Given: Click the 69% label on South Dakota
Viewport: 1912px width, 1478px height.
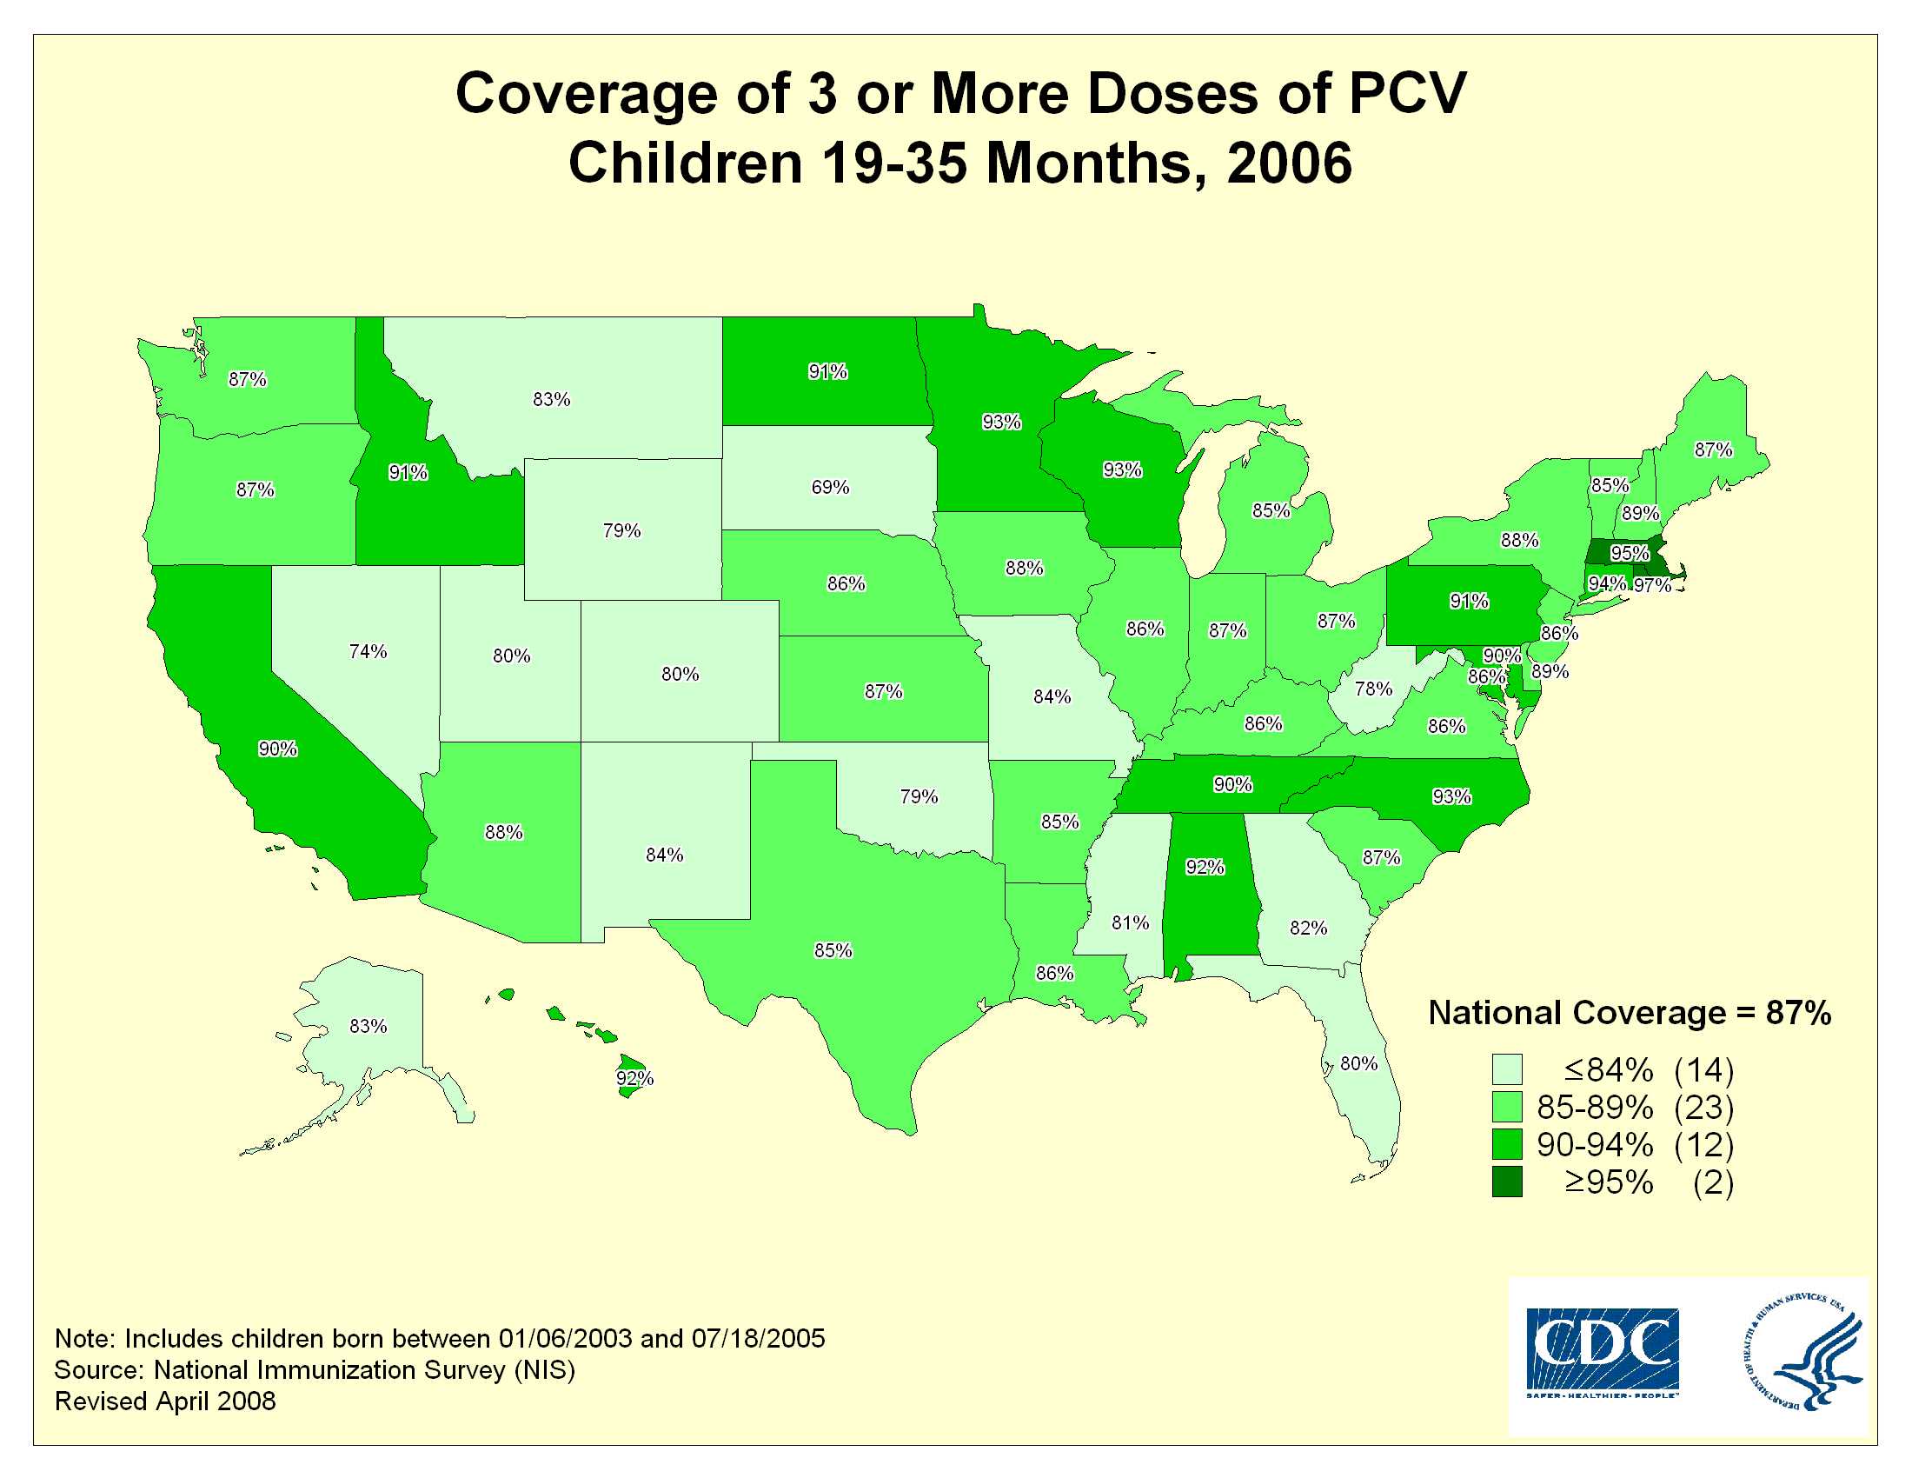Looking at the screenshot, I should pos(830,487).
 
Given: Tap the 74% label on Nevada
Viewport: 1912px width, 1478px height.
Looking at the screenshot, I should pos(368,651).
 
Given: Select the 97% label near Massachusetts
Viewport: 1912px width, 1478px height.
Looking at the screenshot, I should pos(1652,585).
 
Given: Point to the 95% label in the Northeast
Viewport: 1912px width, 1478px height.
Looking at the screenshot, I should pos(1630,553).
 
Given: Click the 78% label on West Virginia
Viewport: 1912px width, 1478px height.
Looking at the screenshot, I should pos(1372,689).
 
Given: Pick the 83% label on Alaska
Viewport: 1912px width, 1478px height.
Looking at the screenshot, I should pos(368,1025).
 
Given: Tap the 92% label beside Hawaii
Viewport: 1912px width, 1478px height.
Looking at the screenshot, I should pos(634,1078).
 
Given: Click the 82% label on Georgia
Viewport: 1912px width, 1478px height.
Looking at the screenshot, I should pos(1308,928).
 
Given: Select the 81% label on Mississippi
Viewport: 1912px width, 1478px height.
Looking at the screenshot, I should pos(1130,922).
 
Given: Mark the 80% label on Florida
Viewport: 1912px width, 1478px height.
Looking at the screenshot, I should pos(1358,1063).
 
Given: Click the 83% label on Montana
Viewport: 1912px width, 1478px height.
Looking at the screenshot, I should pos(552,399).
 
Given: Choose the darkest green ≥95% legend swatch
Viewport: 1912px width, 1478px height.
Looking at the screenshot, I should pos(1507,1182).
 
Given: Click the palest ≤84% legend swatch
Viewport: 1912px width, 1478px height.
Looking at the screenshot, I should pos(1507,1069).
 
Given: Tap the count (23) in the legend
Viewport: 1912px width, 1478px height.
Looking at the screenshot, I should pos(1703,1108).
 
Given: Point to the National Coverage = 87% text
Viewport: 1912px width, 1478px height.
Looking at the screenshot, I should pos(1630,1013).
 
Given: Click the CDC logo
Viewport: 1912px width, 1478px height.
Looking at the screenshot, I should pos(1602,1353).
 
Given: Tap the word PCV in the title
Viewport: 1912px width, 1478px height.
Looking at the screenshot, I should pos(1407,93).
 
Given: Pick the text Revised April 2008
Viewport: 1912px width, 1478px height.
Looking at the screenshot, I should pos(165,1401).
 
